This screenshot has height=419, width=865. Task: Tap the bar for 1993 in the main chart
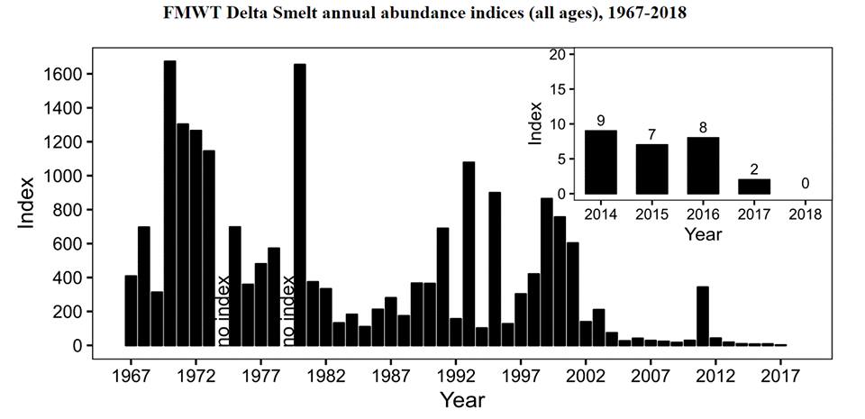pyautogui.click(x=469, y=253)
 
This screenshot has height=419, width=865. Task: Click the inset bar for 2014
pyautogui.click(x=601, y=162)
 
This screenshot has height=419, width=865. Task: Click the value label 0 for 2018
pyautogui.click(x=805, y=184)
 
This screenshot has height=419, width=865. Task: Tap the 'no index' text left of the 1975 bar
pyautogui.click(x=223, y=310)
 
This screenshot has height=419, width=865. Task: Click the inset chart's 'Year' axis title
pyautogui.click(x=702, y=234)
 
